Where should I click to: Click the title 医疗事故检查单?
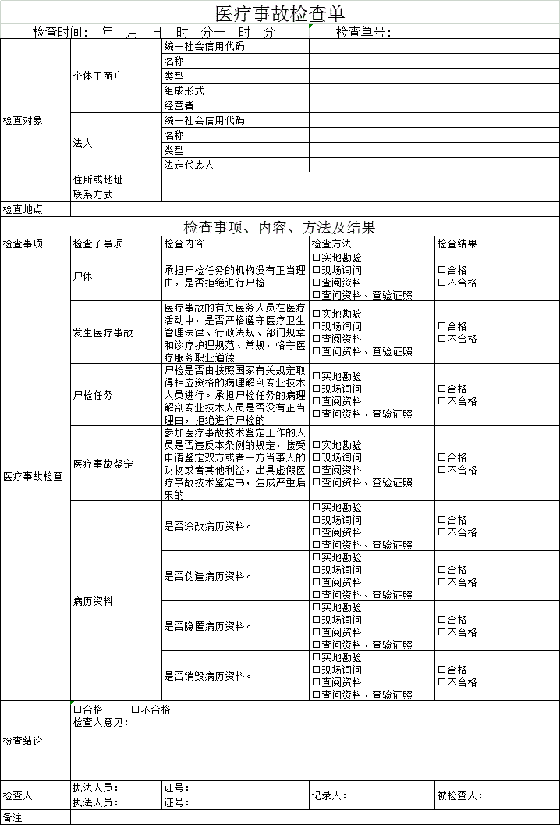[279, 13]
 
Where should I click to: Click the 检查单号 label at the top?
[363, 32]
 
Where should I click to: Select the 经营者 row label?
[179, 105]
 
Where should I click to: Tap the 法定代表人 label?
[189, 165]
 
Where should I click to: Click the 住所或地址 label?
[98, 180]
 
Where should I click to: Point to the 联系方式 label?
[93, 194]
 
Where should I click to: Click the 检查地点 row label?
[23, 209]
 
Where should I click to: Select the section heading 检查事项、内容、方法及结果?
[279, 227]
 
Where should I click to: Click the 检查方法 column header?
[331, 244]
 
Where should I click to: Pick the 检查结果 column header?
[457, 244]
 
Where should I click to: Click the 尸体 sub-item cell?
[83, 276]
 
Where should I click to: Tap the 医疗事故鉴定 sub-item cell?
[103, 464]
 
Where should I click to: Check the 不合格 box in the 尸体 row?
[441, 283]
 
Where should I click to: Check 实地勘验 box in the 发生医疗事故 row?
[317, 314]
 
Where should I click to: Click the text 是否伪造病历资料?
[208, 576]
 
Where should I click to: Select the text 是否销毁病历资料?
[208, 676]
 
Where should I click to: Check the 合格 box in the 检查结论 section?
[77, 709]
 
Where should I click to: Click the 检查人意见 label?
[101, 722]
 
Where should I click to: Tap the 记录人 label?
[329, 795]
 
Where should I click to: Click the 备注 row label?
[13, 818]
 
